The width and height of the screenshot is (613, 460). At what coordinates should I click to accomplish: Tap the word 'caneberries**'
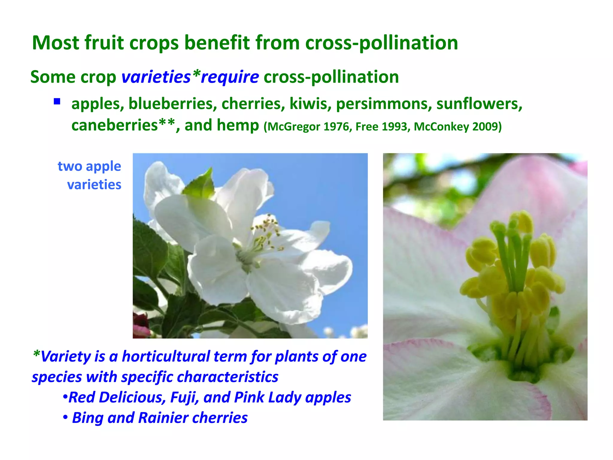pyautogui.click(x=123, y=125)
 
